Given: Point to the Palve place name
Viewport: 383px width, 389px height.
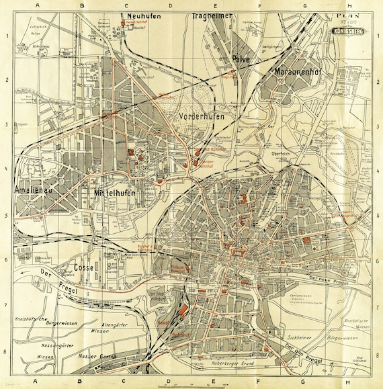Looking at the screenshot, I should coord(241,60).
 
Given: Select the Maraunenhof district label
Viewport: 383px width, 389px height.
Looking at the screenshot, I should coord(300,71).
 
